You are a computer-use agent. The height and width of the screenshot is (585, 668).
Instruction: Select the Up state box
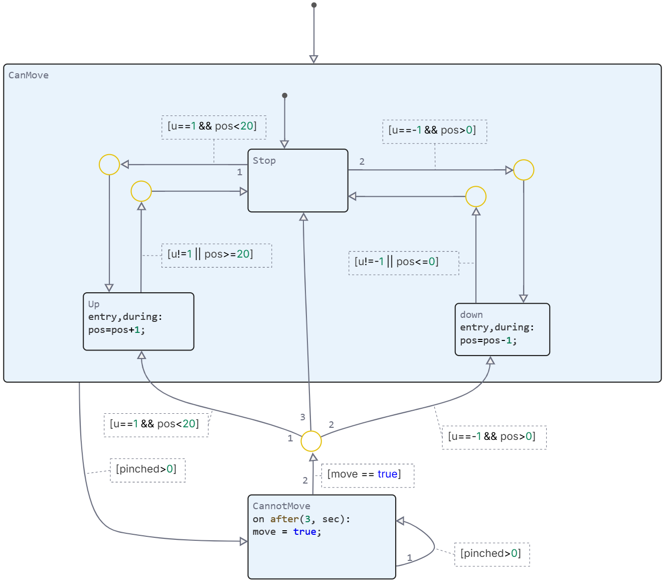click(x=138, y=321)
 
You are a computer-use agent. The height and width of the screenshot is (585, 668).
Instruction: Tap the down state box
click(x=502, y=329)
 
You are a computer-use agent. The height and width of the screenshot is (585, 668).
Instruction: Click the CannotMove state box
click(x=322, y=537)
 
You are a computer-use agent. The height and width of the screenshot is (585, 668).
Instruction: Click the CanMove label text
click(x=29, y=75)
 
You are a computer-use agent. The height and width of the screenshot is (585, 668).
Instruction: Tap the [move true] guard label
click(x=368, y=475)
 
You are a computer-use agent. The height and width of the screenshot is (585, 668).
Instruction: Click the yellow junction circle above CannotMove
click(x=311, y=441)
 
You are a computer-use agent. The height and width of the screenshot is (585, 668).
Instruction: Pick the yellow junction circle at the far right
click(x=524, y=170)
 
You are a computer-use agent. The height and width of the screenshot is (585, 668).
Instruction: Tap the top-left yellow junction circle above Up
click(x=109, y=165)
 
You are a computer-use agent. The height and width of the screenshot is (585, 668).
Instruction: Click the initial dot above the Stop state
click(x=285, y=95)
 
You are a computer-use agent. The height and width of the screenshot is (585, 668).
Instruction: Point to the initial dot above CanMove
click(x=314, y=5)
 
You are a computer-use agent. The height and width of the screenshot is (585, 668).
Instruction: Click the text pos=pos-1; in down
click(x=488, y=341)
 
